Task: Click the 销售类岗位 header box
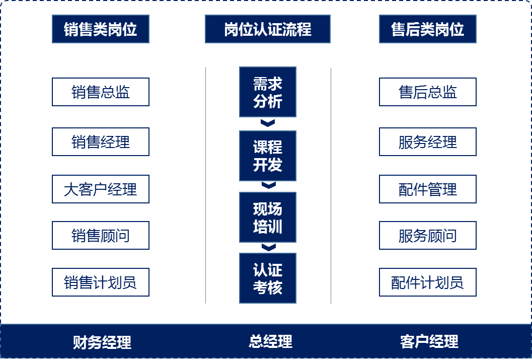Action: [x=101, y=29]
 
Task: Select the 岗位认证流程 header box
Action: [x=268, y=29]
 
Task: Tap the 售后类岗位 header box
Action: [x=428, y=29]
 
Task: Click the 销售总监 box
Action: [x=101, y=92]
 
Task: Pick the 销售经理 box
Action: [x=101, y=142]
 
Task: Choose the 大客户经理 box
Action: [x=101, y=189]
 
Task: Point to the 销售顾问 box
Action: [x=101, y=236]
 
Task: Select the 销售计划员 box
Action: [x=101, y=282]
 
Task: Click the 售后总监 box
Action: [x=428, y=92]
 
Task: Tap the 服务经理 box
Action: [x=428, y=142]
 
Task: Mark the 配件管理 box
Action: [x=428, y=189]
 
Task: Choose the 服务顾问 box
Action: [x=428, y=236]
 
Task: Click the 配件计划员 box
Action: [x=428, y=282]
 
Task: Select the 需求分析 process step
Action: [x=268, y=92]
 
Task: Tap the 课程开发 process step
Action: [x=268, y=156]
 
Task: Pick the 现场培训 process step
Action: [x=268, y=218]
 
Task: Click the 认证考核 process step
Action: [x=268, y=278]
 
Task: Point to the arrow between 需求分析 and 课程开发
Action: [x=268, y=123]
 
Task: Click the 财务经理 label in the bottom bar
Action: [x=102, y=342]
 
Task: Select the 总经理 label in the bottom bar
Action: [x=270, y=341]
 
